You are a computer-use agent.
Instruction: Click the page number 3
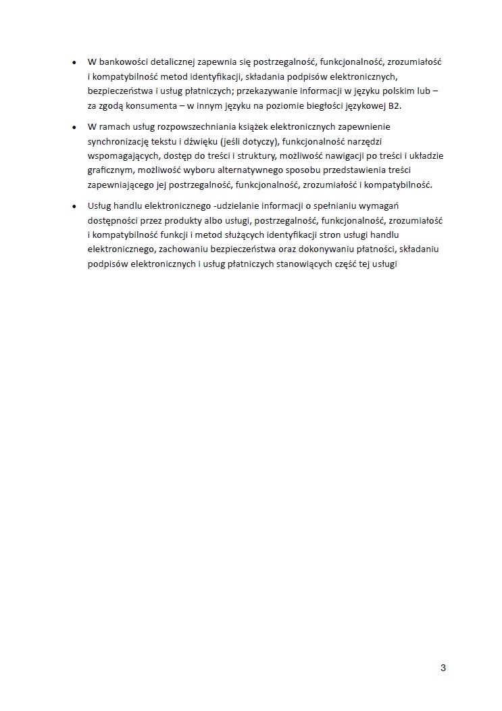[443, 668]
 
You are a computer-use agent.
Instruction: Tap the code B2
[395, 106]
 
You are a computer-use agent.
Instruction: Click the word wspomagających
[121, 155]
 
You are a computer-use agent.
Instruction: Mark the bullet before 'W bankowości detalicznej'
[74, 62]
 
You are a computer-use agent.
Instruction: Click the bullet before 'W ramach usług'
[74, 127]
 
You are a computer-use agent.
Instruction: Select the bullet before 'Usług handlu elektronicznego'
[74, 206]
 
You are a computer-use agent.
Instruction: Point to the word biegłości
[330, 106]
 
